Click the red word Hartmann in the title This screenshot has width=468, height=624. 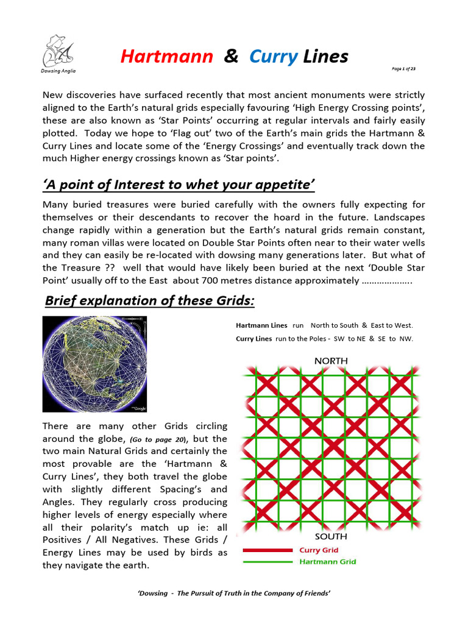tap(166, 57)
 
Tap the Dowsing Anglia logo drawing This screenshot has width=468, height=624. tap(58, 51)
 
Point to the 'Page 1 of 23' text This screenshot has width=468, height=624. tap(403, 69)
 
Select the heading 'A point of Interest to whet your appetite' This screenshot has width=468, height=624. tap(179, 185)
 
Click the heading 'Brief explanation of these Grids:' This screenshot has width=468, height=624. tap(149, 301)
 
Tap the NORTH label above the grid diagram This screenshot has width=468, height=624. tap(331, 361)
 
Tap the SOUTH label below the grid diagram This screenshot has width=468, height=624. tap(331, 537)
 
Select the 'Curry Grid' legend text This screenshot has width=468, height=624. tap(319, 550)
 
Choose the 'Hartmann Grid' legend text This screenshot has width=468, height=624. tap(328, 562)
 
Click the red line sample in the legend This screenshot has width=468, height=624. tap(268, 550)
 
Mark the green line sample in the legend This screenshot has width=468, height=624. tap(268, 562)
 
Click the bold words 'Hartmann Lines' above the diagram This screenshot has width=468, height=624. tap(261, 326)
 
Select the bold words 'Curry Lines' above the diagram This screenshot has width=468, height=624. tap(253, 339)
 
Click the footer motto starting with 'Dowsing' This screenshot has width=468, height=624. tap(234, 594)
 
